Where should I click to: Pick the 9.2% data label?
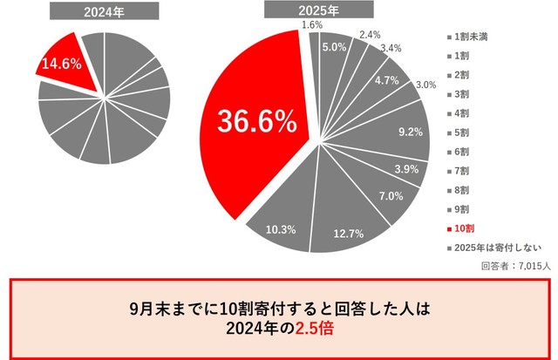coord(409,132)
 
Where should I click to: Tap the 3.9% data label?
coord(407,168)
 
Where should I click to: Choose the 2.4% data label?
coord(370,35)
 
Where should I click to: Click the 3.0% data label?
coord(425,85)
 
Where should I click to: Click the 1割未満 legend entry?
coord(472,37)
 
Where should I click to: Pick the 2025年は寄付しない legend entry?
coord(492,247)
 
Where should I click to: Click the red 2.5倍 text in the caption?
coord(316,329)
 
